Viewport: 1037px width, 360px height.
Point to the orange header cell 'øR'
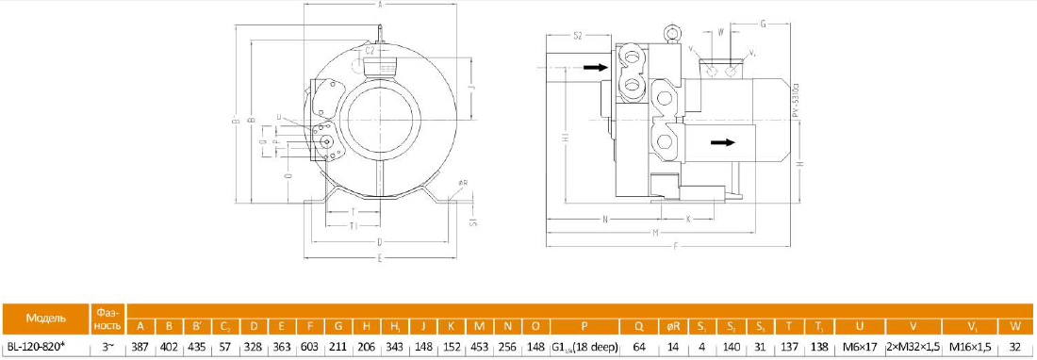tap(673, 326)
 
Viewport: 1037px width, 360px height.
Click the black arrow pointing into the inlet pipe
tap(594, 68)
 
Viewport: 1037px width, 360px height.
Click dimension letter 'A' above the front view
tap(380, 6)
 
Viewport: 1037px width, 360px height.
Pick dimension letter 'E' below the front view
tap(380, 256)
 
